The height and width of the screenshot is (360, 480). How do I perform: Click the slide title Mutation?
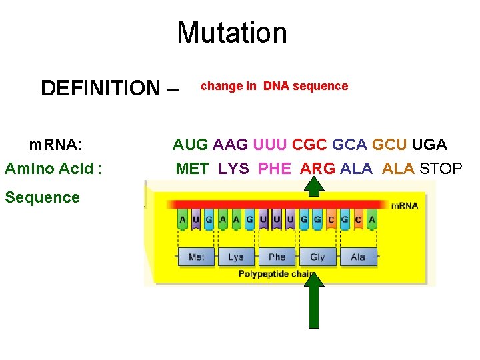231,33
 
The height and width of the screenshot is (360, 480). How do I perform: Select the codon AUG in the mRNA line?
190,144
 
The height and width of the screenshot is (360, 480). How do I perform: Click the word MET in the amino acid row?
192,169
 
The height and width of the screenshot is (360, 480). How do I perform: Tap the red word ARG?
317,169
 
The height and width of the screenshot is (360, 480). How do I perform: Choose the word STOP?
441,169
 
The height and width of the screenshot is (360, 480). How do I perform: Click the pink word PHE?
274,169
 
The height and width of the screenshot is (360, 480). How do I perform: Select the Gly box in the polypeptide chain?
317,257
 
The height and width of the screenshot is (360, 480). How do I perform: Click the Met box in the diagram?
196,257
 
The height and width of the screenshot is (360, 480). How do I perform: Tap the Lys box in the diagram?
236,257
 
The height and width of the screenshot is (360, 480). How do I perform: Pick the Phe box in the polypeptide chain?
277,257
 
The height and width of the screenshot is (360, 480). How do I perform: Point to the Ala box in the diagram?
358,257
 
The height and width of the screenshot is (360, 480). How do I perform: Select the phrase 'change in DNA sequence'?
274,86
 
